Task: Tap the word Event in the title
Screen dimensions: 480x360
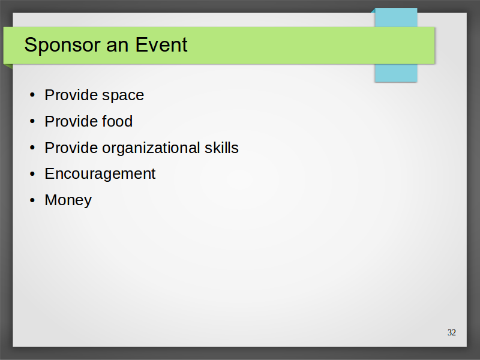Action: pos(161,44)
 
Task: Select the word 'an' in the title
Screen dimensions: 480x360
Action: pos(118,46)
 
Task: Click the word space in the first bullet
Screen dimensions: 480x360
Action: pos(123,96)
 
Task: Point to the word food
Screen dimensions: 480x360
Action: pos(117,121)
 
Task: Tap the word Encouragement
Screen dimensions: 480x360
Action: pos(100,175)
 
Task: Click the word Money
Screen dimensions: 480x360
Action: pos(68,200)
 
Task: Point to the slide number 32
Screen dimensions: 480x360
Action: pos(452,332)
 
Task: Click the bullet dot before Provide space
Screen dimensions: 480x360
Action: pos(32,95)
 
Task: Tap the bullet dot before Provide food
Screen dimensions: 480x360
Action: pos(32,121)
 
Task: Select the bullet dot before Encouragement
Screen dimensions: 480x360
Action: pos(32,174)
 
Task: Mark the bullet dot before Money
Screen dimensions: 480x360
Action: pos(32,200)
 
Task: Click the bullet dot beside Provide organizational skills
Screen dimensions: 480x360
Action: pos(32,148)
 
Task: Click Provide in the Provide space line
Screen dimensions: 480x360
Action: pos(71,95)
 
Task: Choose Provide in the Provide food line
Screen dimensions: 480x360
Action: pos(71,121)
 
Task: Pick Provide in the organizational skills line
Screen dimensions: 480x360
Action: pos(71,148)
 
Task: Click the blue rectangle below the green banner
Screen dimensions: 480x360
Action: pos(396,73)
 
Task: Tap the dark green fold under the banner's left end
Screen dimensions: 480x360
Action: pos(9,66)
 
